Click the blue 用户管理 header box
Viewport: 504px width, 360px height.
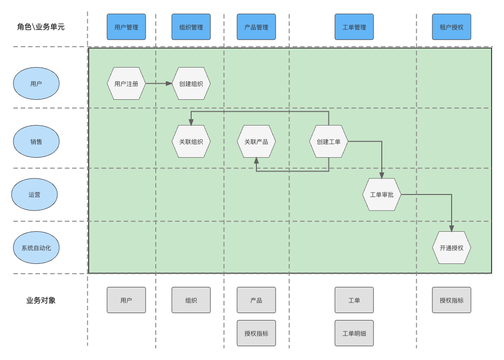126,27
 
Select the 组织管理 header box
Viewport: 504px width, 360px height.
191,27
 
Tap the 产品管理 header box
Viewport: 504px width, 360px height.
256,27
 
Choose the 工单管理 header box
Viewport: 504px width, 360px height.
354,27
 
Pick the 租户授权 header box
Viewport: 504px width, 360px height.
452,27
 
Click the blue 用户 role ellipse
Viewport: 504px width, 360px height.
36,84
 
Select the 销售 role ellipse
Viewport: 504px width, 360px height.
36,142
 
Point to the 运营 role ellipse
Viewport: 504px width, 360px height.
34,194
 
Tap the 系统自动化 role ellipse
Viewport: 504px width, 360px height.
36,248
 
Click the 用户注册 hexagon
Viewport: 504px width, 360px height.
126,84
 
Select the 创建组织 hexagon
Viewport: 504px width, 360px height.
191,84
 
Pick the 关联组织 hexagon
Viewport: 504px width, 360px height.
191,142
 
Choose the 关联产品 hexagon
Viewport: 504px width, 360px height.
256,142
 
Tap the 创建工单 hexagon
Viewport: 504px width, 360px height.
328,142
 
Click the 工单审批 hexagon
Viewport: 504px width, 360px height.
382,194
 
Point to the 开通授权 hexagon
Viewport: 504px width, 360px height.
452,248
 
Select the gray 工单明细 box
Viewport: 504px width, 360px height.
354,333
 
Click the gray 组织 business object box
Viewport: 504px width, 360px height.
191,300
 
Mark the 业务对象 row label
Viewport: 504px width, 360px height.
41,300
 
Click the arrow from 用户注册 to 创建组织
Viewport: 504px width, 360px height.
159,84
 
